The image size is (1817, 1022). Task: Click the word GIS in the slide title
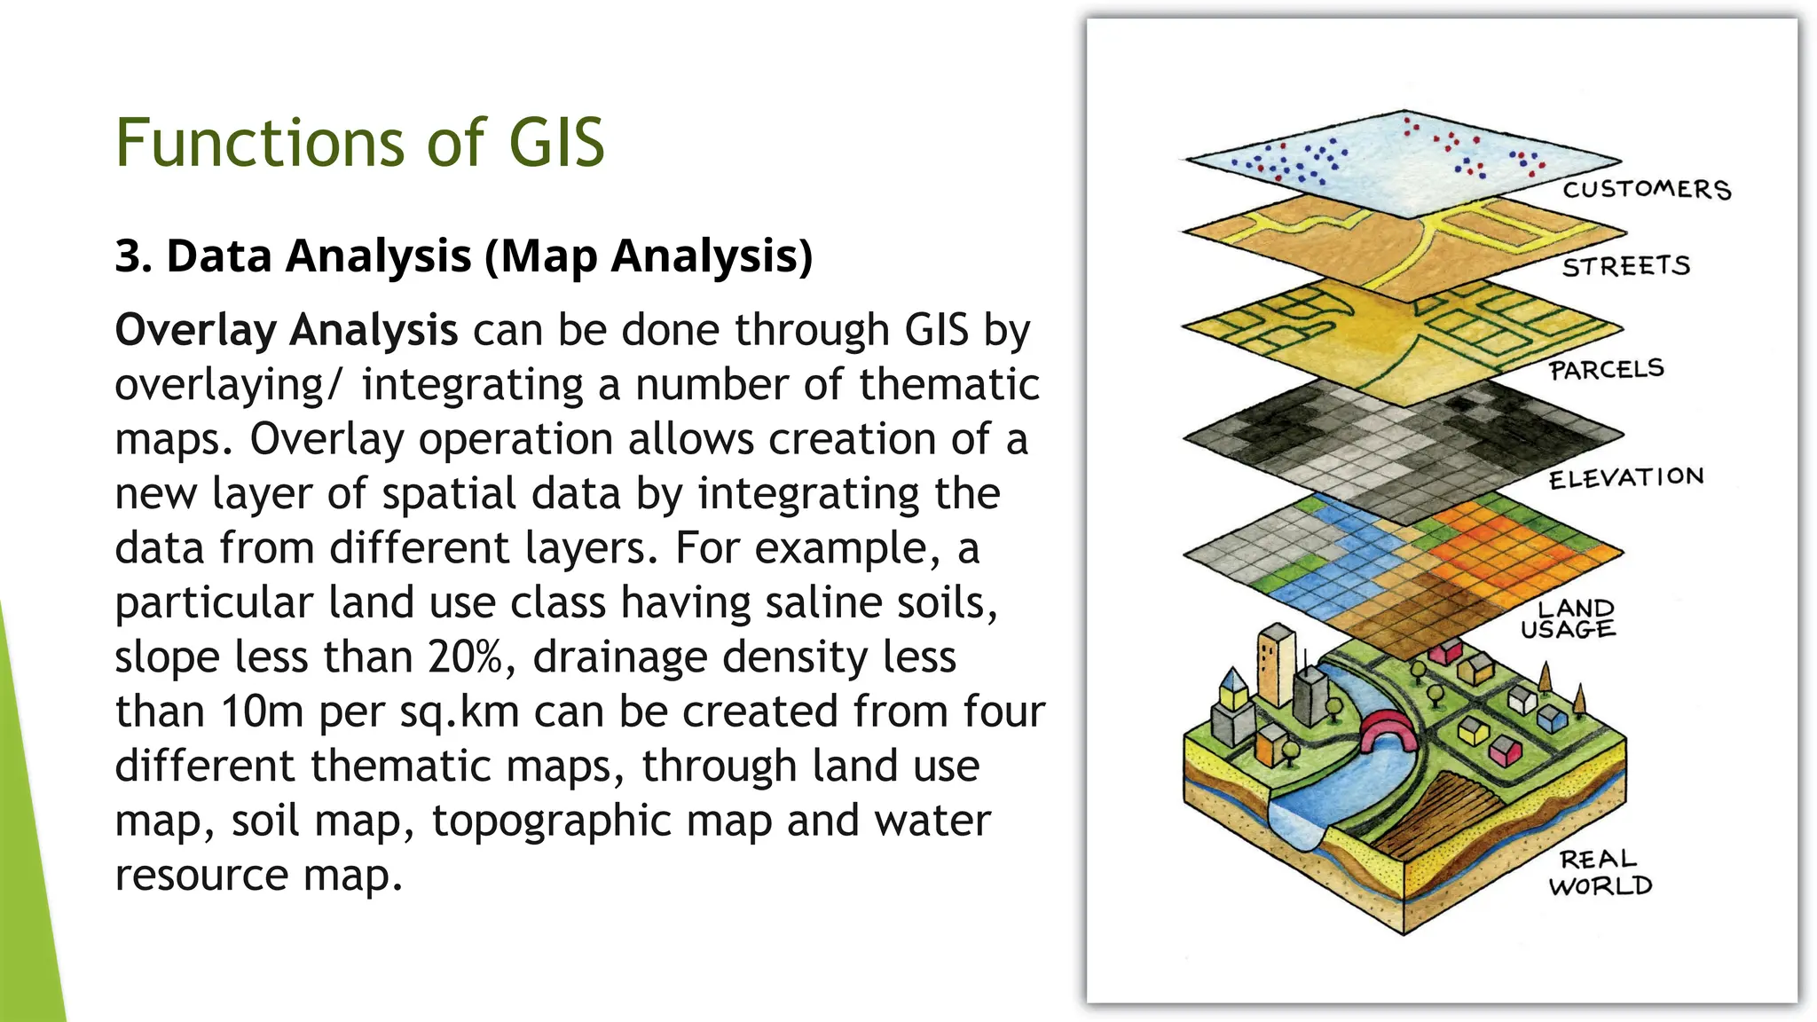coord(556,143)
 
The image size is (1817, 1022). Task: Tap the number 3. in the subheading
coord(133,256)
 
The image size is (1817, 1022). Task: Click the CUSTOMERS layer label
coord(1646,189)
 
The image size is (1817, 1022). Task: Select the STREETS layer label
coord(1625,266)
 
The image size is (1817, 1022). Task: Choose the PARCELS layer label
coord(1606,369)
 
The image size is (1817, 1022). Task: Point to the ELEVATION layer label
coord(1625,478)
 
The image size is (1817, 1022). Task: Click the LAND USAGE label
coord(1569,618)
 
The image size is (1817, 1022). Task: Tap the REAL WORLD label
coord(1600,872)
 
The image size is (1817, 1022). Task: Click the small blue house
coord(1552,717)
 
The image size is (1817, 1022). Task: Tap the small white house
coord(1522,698)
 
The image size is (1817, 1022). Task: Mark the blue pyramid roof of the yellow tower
coord(1232,682)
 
